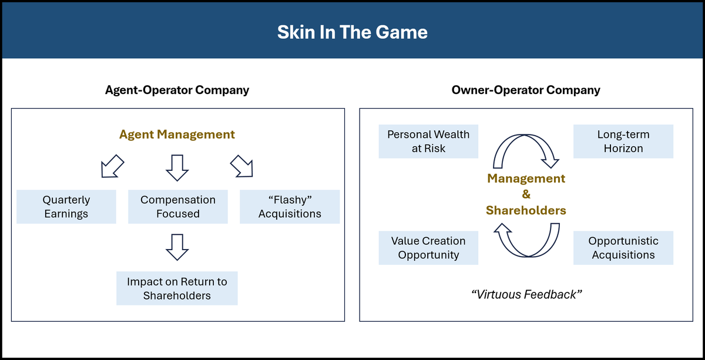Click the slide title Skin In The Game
click(x=352, y=32)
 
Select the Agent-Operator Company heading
click(x=177, y=90)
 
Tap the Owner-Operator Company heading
click(x=526, y=90)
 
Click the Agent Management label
click(x=177, y=134)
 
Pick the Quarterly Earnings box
click(x=66, y=207)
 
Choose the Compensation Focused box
click(x=178, y=207)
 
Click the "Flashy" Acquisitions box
click(x=290, y=207)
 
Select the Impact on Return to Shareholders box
click(x=177, y=288)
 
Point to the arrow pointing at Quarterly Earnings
click(x=113, y=166)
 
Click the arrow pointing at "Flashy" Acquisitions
click(x=241, y=166)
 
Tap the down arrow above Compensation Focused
click(x=177, y=167)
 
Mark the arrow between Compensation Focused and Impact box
click(x=177, y=247)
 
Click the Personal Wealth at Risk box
click(x=428, y=142)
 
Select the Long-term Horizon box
click(x=623, y=142)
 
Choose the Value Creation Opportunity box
click(x=428, y=248)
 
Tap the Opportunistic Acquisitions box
click(x=623, y=248)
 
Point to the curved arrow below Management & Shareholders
click(x=526, y=241)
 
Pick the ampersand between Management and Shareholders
click(x=526, y=194)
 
